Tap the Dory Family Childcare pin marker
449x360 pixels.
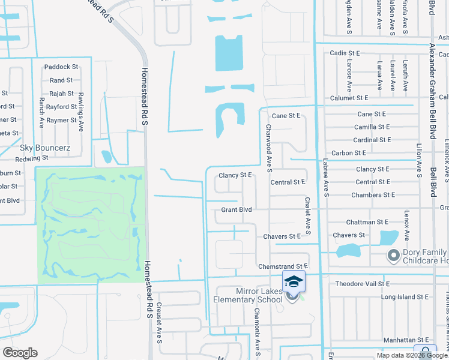click(x=393, y=256)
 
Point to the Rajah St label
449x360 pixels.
click(x=61, y=94)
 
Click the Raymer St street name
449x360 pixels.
click(x=61, y=120)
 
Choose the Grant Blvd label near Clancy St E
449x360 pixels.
click(x=236, y=210)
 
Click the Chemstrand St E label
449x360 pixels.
click(x=282, y=266)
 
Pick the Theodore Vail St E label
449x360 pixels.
click(x=362, y=284)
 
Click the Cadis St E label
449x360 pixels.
click(x=345, y=53)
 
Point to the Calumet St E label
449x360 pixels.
click(x=349, y=98)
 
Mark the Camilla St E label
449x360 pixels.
click(x=372, y=127)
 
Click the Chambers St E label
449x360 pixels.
click(x=373, y=195)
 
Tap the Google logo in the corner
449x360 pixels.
click(x=20, y=353)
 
